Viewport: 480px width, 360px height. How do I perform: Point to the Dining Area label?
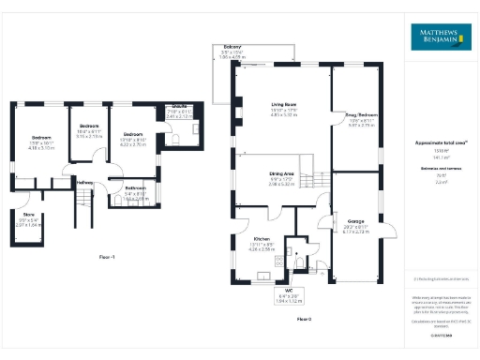(x=281, y=175)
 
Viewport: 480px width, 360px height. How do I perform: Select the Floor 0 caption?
(x=303, y=320)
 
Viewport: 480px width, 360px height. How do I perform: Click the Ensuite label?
(x=182, y=107)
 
